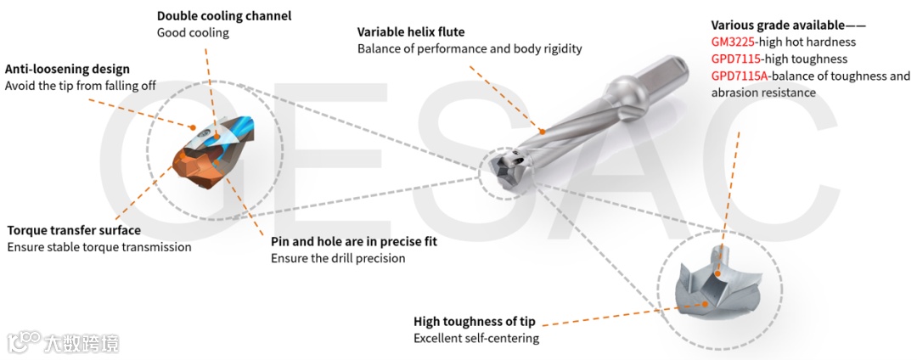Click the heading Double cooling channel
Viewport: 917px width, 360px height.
[224, 16]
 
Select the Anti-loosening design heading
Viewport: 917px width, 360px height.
[68, 69]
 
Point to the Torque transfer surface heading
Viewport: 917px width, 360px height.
[74, 230]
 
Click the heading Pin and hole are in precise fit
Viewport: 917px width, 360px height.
[354, 241]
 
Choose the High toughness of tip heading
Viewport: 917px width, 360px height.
[475, 321]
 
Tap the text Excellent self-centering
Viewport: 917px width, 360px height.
[476, 338]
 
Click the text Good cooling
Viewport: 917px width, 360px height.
[193, 33]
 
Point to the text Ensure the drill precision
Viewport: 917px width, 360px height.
[338, 258]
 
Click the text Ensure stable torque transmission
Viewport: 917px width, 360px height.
[99, 247]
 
